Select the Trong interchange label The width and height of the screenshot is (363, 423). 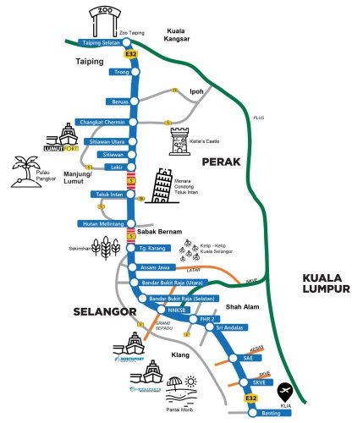pos(119,72)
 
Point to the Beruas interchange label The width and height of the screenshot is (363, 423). pos(118,101)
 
